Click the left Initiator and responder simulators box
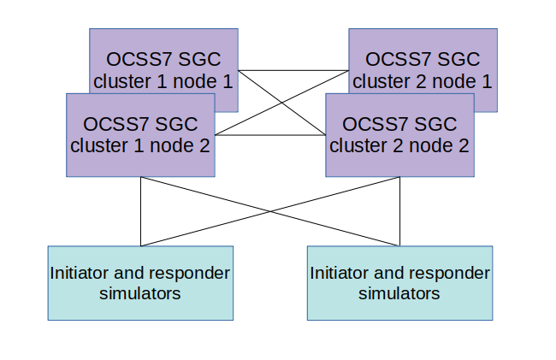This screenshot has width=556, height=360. coord(140,283)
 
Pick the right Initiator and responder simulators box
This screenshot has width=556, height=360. coord(399,283)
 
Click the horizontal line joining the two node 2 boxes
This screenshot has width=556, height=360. coord(269,135)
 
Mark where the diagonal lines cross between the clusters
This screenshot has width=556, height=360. coord(281,103)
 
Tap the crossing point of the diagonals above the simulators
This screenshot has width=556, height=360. coord(270,211)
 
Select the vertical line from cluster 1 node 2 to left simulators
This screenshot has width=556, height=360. coord(140,212)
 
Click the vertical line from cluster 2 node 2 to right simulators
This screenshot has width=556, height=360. coord(399,212)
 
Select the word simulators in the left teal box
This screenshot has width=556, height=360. coord(140,293)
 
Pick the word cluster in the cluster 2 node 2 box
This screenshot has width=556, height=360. coord(358,145)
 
